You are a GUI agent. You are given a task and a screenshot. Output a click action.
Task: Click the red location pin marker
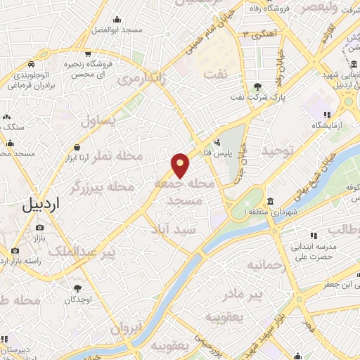click(x=181, y=165)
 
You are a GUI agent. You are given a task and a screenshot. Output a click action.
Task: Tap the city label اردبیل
click(x=41, y=205)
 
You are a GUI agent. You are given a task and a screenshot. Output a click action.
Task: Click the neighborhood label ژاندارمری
click(x=143, y=79)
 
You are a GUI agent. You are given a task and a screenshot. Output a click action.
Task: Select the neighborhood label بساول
click(x=98, y=121)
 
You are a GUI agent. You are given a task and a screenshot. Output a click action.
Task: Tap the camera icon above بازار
click(x=39, y=228)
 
